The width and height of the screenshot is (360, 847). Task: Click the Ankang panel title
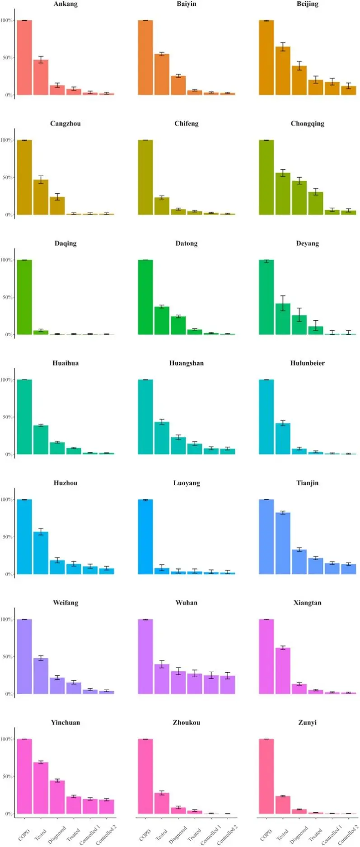65,4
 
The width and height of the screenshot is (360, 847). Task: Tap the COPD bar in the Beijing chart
266,58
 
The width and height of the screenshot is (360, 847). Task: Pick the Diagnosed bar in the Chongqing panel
299,198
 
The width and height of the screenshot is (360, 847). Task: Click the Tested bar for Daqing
41,332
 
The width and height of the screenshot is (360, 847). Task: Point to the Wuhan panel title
187,603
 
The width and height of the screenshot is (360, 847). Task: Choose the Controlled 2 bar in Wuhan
228,685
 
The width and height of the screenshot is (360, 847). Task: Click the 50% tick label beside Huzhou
7,537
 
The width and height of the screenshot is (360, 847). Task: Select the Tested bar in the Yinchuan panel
41,788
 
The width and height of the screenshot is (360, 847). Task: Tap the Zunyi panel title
308,722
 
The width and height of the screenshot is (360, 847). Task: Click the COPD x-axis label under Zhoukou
145,835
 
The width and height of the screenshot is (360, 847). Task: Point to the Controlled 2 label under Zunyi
348,834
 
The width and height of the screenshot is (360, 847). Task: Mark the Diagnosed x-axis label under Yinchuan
57,835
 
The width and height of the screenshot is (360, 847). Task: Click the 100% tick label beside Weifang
6,619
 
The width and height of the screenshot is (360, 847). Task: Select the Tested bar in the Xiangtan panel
283,671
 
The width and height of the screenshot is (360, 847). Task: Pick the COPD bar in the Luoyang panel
145,537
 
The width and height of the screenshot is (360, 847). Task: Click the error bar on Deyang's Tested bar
283,303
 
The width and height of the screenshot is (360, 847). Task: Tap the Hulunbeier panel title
308,363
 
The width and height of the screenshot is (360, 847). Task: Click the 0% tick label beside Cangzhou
8,215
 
